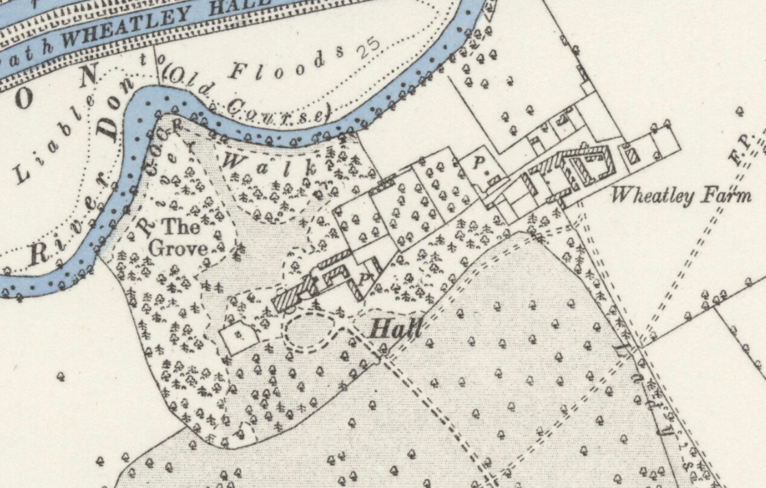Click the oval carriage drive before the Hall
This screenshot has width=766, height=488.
coord(311,331)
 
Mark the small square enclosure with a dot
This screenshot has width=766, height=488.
coord(238,336)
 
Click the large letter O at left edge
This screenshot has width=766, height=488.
coord(23,97)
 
